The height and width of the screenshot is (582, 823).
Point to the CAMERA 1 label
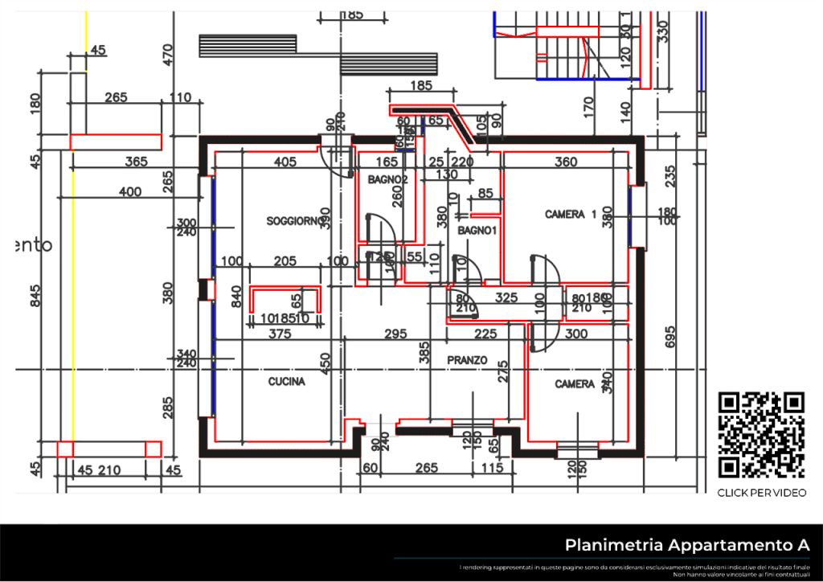(x=571, y=215)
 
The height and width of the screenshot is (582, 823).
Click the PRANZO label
(x=467, y=362)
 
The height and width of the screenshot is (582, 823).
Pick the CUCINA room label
(x=286, y=383)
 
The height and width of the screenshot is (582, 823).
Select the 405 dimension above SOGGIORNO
(x=285, y=162)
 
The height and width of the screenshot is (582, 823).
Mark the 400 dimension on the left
(x=129, y=191)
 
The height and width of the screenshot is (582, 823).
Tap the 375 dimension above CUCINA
(x=279, y=333)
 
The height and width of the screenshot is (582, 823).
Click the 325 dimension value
(x=506, y=297)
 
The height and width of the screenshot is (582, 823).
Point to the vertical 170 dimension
(x=588, y=105)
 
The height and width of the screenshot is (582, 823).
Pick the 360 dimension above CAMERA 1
(x=566, y=162)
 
